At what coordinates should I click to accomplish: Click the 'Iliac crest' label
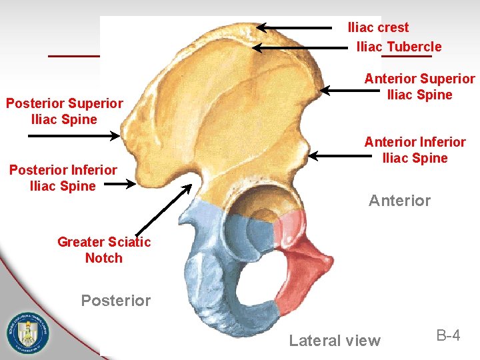(378, 27)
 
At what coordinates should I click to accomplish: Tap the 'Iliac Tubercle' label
(399, 47)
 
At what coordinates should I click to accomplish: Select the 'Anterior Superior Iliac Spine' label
(419, 87)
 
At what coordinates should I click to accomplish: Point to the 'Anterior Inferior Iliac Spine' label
(415, 150)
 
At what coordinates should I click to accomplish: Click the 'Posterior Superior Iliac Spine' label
(64, 111)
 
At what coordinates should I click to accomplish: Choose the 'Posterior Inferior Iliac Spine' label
(63, 178)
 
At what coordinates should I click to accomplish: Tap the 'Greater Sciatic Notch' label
(104, 250)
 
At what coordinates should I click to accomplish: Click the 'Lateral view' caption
(335, 341)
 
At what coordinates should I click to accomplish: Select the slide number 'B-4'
(448, 335)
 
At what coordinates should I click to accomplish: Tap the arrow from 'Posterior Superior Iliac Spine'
(73, 135)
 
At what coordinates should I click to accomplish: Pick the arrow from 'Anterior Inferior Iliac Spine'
(339, 156)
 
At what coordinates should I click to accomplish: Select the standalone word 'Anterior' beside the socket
(399, 201)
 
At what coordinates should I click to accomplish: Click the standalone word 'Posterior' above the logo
(115, 301)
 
